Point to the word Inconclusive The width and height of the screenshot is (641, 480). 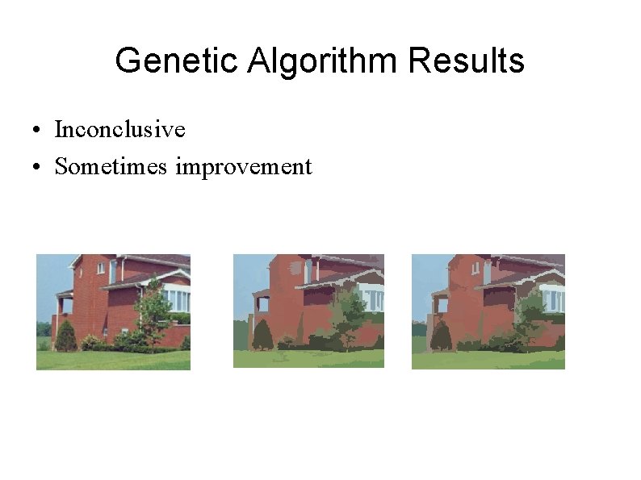pos(119,129)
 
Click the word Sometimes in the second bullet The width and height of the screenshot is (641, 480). pos(111,166)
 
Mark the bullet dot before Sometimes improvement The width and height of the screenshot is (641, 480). pos(38,168)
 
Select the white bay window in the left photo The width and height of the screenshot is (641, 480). pos(178,299)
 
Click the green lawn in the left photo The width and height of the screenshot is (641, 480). pos(113,360)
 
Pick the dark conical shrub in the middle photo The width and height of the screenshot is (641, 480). pos(262,335)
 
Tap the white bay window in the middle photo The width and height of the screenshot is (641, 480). pos(372,298)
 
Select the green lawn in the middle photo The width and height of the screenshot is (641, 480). pos(307,358)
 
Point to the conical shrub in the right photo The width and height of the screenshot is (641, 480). pos(442,335)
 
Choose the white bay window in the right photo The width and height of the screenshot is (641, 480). pos(552,299)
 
